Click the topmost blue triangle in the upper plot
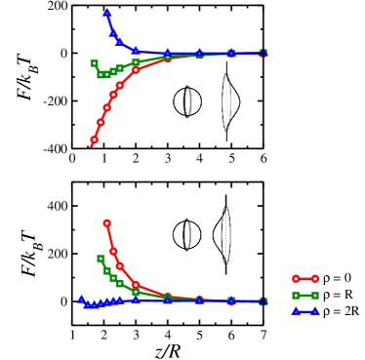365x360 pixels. pyautogui.click(x=106, y=13)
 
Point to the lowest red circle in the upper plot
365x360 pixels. pyautogui.click(x=94, y=140)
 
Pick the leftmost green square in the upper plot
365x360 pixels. pyautogui.click(x=94, y=63)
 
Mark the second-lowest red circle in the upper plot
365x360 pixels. pyautogui.click(x=99, y=124)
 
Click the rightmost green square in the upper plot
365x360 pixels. pyautogui.click(x=264, y=53)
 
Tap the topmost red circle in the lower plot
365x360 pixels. pyautogui.click(x=106, y=222)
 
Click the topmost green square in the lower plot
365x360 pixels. pyautogui.click(x=101, y=259)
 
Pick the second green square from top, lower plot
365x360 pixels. pyautogui.click(x=105, y=270)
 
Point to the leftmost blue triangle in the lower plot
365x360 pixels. pyautogui.click(x=82, y=300)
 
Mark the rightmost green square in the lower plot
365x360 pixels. pyautogui.click(x=264, y=301)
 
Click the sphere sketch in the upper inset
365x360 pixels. pyautogui.click(x=187, y=100)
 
